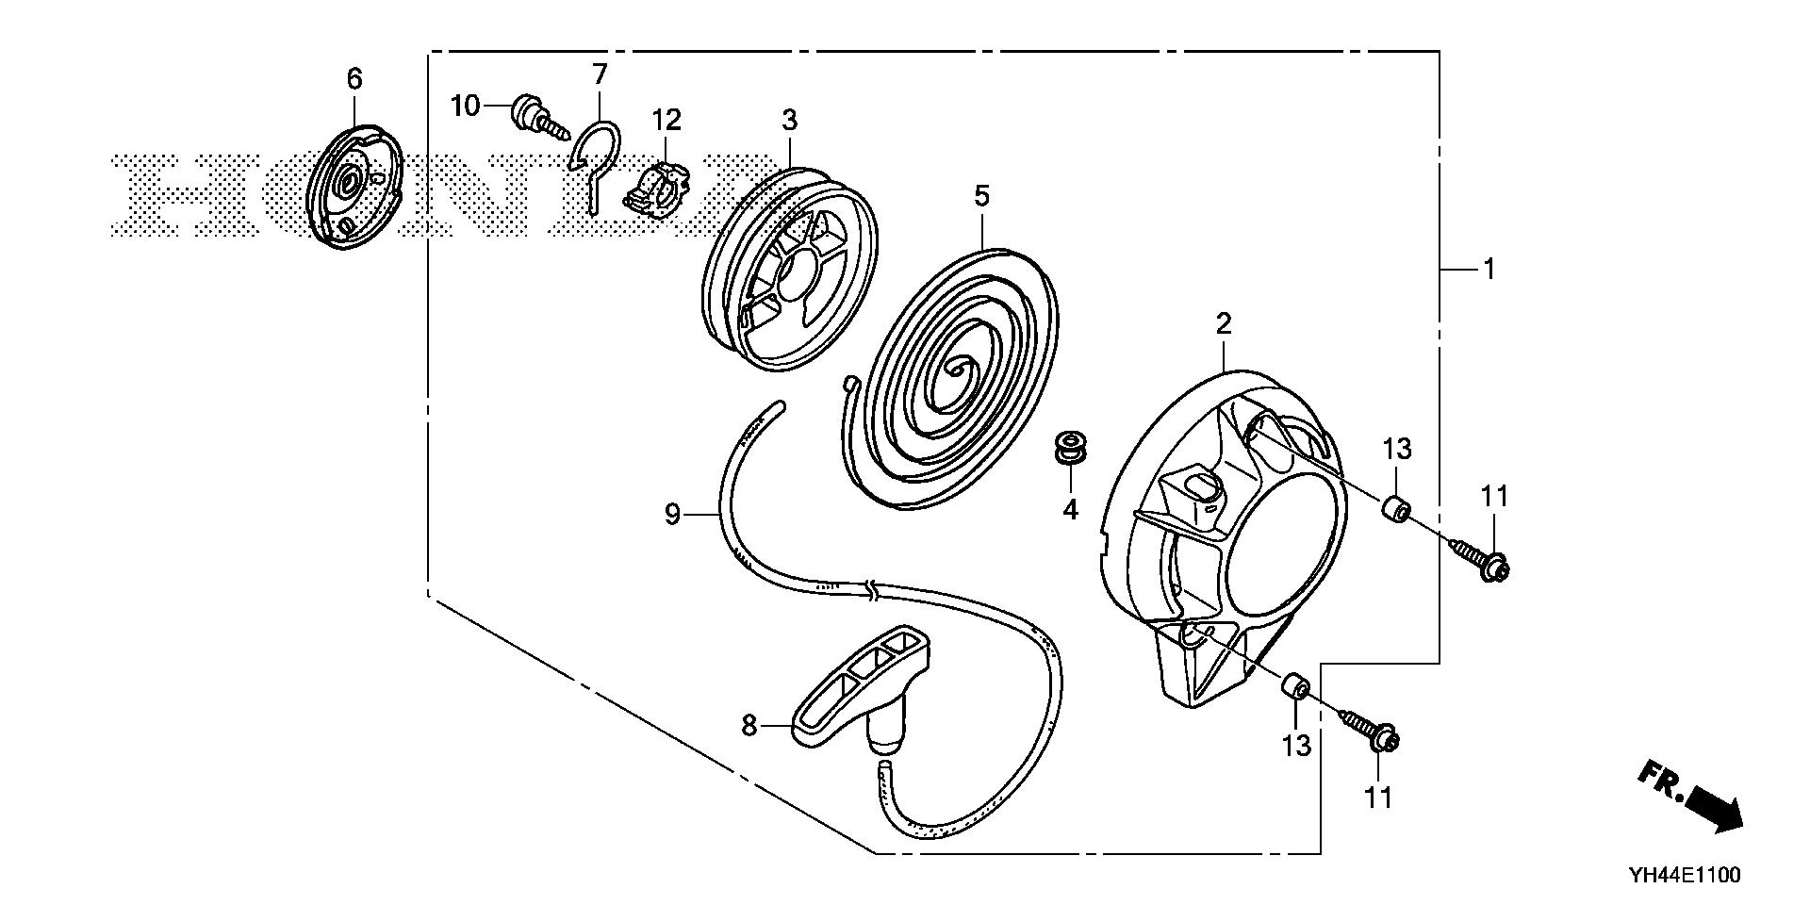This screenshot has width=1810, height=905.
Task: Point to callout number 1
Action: pos(1489,270)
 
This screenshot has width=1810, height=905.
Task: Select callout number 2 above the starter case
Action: pos(1223,324)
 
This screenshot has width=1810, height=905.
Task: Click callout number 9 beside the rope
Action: pos(672,515)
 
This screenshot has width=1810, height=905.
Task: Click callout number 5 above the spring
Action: pos(981,197)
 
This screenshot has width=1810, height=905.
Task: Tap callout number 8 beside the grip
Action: pos(749,726)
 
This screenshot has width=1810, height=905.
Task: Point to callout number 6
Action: pos(354,79)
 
